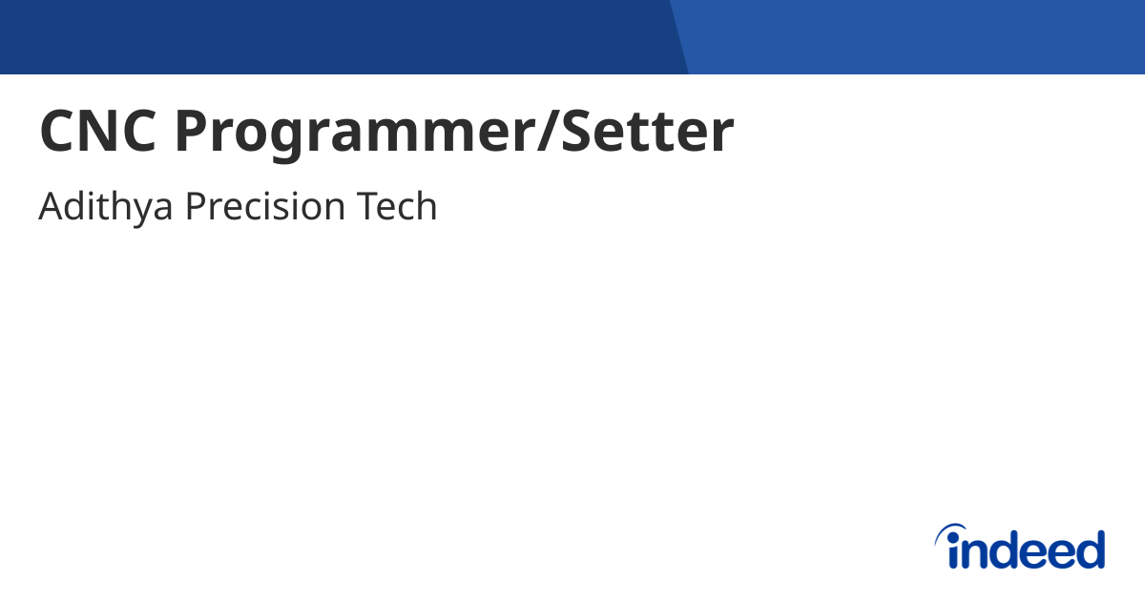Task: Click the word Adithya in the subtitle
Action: point(105,207)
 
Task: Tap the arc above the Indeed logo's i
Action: point(950,530)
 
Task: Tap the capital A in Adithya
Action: point(52,207)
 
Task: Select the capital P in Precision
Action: point(195,207)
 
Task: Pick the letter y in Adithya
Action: point(139,211)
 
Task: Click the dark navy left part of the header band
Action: point(334,36)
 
